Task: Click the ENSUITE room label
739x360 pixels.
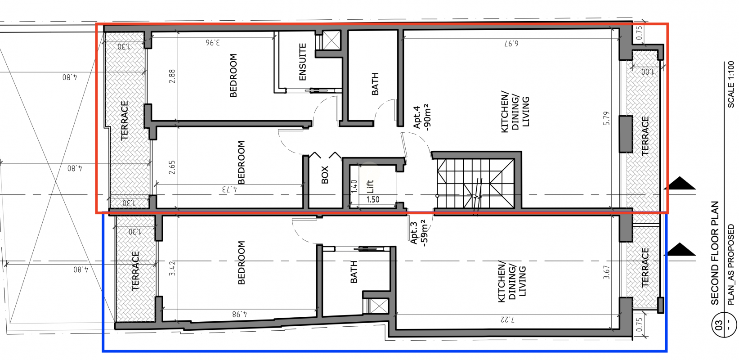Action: point(303,62)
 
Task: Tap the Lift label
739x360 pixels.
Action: point(370,186)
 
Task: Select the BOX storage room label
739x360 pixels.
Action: point(325,175)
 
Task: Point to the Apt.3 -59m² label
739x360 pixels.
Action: point(419,233)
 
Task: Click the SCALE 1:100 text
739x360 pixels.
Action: point(731,85)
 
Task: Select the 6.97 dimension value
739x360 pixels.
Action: point(511,44)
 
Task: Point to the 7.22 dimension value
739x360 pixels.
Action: point(507,320)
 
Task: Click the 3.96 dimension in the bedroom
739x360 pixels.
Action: point(212,42)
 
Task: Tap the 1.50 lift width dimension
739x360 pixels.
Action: point(373,199)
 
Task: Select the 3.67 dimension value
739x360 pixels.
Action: point(606,273)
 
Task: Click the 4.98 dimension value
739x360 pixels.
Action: point(240,314)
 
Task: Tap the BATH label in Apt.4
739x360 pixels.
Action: point(375,84)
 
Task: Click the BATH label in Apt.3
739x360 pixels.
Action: point(354,272)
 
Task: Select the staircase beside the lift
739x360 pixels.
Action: point(475,184)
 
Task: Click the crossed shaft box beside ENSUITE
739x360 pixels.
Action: point(331,40)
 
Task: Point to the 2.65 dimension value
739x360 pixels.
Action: point(172,167)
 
